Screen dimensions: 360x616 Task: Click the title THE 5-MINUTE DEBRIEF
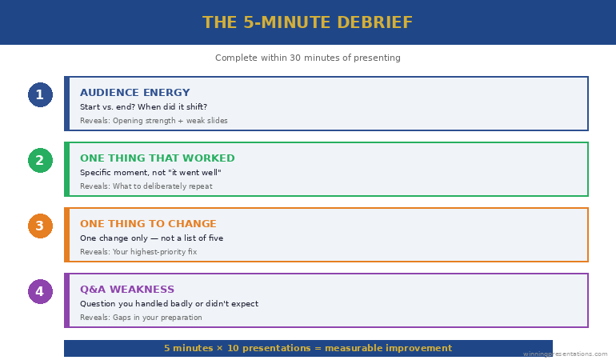308,22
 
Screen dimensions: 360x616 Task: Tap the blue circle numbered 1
40,95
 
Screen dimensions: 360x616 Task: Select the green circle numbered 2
40,161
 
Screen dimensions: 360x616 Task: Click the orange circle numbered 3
40,226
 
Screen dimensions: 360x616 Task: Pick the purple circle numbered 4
40,292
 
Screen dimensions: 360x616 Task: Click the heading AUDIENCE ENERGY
134,93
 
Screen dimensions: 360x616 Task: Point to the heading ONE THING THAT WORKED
157,158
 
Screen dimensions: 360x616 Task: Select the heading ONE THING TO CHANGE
148,224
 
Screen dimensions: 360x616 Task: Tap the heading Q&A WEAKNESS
126,290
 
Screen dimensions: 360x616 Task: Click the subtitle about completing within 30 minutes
308,58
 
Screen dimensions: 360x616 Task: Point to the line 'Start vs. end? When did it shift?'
143,107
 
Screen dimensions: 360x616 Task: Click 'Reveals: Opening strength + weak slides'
154,121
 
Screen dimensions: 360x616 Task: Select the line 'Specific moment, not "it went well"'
150,173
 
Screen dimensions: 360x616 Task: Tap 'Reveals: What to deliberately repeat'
146,186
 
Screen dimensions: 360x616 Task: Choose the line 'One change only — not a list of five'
151,238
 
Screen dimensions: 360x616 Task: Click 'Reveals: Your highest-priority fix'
138,252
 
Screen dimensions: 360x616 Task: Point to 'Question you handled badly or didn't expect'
169,304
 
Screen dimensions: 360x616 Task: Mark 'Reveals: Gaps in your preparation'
141,318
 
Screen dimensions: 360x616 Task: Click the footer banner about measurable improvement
308,348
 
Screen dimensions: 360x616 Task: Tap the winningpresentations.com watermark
565,354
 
